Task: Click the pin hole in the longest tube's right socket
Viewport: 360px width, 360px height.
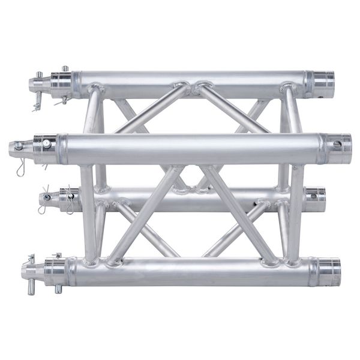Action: pyautogui.click(x=337, y=144)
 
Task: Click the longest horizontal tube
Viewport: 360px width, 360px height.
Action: pyautogui.click(x=192, y=148)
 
